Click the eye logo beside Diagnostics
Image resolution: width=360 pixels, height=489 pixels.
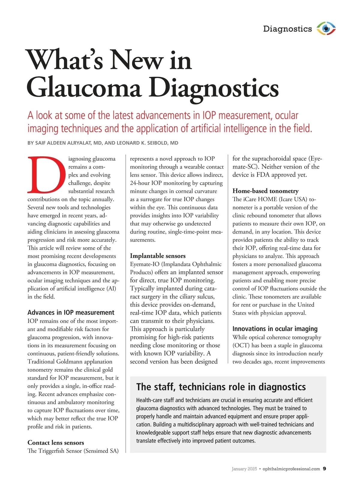pos(326,29)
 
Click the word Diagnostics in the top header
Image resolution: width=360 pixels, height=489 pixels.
pos(287,29)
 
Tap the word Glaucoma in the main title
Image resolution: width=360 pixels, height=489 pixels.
pos(84,88)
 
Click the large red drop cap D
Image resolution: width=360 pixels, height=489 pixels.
pos(46,174)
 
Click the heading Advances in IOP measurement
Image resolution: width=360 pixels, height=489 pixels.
pos(71,312)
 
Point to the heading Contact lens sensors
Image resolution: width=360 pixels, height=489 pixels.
pos(56,443)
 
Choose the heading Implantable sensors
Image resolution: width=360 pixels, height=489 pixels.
pos(157,256)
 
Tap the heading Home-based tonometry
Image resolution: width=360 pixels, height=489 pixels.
pos(265,191)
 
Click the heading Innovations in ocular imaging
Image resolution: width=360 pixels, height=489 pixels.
pos(275,329)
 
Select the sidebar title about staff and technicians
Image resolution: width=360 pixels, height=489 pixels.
pos(221,387)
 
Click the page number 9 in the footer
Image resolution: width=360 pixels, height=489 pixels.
pos(325,469)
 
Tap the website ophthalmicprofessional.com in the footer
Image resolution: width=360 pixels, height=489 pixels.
pos(291,469)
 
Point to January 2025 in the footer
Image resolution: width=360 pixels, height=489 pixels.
pos(244,469)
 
